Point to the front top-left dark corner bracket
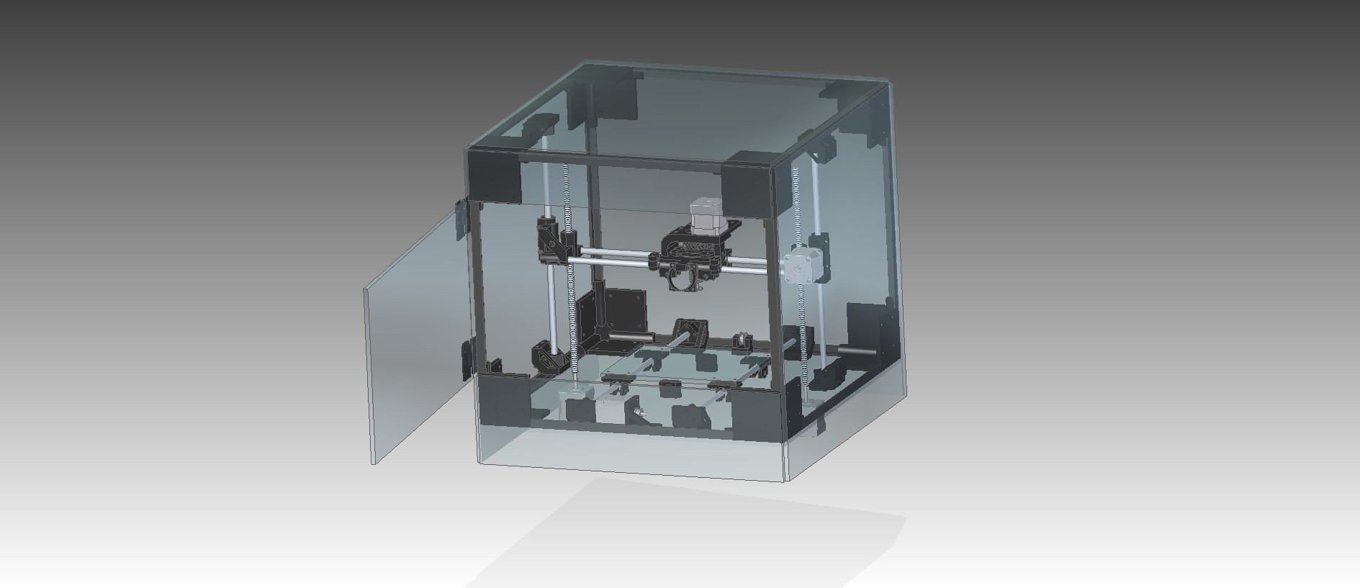tap(495, 176)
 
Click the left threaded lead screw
tap(569, 288)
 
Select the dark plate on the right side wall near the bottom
tap(864, 327)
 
